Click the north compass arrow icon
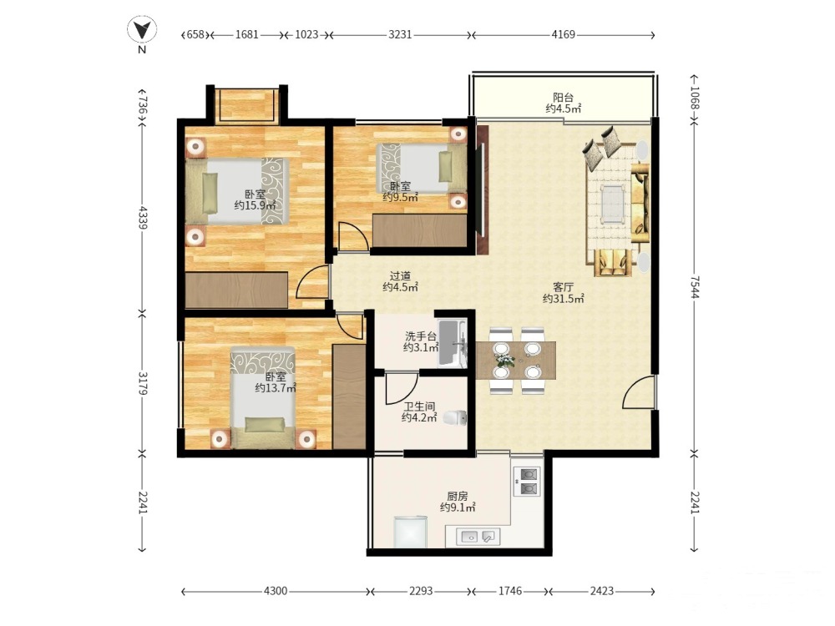(142, 29)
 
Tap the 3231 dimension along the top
(400, 34)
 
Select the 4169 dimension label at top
(563, 34)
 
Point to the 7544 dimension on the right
(694, 287)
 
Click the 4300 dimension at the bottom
(276, 591)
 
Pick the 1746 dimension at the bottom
(509, 591)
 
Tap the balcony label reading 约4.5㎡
(563, 109)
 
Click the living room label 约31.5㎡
(563, 299)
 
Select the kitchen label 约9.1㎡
(458, 507)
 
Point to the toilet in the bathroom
(454, 418)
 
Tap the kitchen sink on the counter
(478, 537)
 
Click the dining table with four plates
(515, 361)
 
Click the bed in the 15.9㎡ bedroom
(237, 190)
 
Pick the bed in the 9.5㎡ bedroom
(421, 169)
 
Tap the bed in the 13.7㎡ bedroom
(262, 397)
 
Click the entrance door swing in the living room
(638, 391)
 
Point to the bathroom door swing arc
(401, 388)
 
